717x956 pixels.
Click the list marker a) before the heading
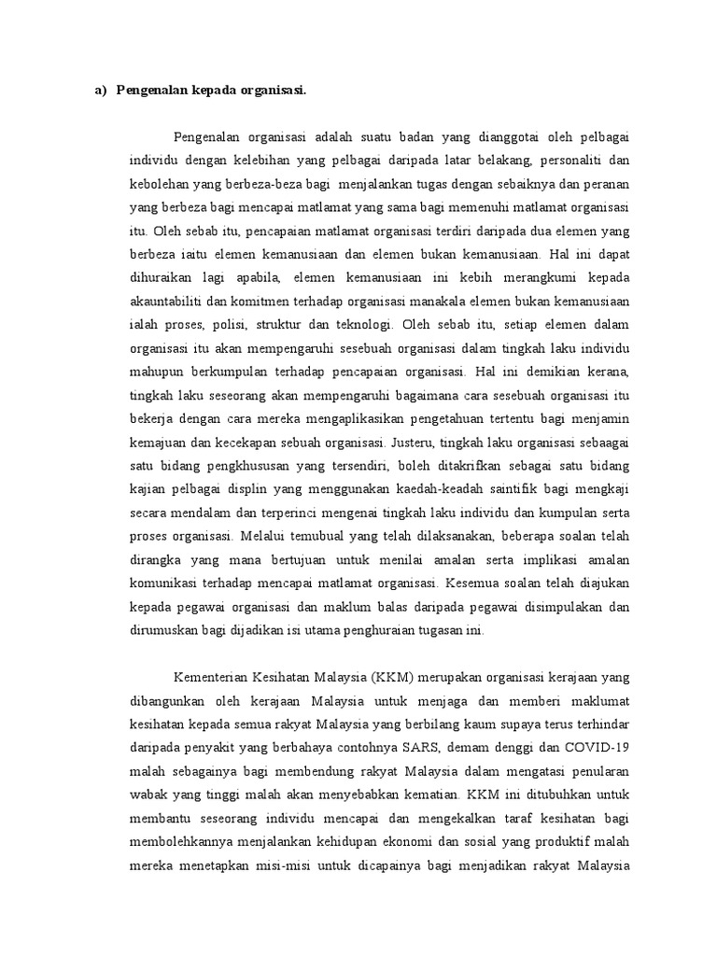point(99,91)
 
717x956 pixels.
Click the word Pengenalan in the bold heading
point(149,91)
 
